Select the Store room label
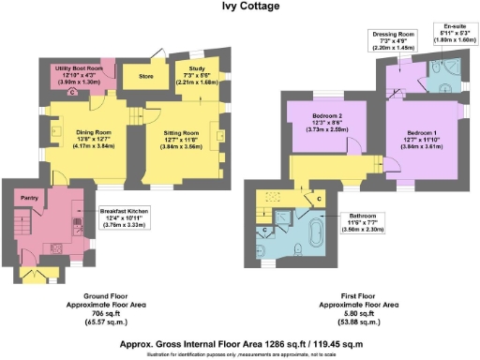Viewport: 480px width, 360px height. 145,75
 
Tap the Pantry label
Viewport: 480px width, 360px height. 27,199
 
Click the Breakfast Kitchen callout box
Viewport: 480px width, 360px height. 128,217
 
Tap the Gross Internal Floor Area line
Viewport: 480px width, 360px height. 241,344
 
